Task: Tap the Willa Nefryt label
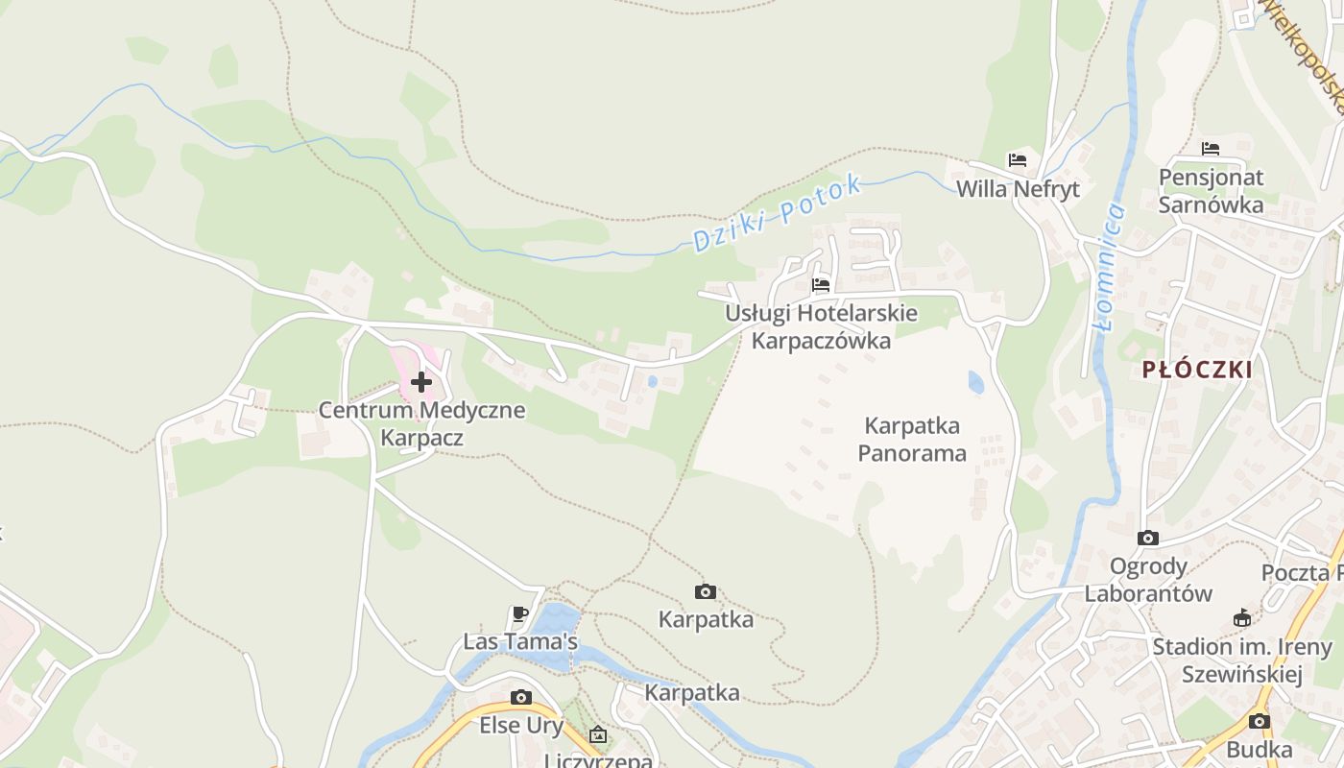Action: (x=1018, y=189)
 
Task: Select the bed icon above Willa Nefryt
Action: (x=1018, y=159)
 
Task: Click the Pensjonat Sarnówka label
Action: (x=1211, y=191)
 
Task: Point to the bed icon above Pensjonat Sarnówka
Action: (x=1211, y=149)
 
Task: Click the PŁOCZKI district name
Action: (x=1197, y=370)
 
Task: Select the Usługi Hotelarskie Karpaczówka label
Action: (x=821, y=327)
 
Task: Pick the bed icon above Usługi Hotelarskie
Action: (x=821, y=284)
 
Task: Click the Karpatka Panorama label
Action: (x=912, y=439)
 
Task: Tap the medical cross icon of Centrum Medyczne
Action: (x=420, y=382)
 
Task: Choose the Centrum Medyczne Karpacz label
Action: (x=421, y=424)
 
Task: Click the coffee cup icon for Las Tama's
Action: (x=520, y=613)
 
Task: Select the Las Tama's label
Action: (x=520, y=641)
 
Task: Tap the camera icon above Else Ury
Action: (x=521, y=697)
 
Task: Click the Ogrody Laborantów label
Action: (x=1148, y=580)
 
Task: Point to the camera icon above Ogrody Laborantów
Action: (x=1148, y=538)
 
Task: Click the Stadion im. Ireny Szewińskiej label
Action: (x=1242, y=660)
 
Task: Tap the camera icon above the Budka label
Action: (x=1260, y=721)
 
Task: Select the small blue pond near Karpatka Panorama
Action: (x=976, y=383)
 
